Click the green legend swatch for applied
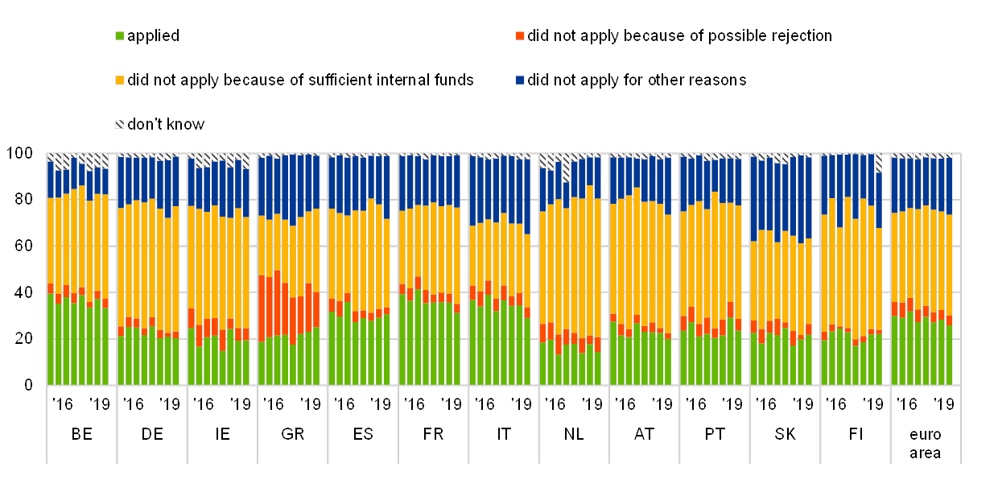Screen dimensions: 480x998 click(119, 36)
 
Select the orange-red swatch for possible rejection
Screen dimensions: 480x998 click(520, 36)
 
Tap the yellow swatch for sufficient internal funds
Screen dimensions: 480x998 click(119, 81)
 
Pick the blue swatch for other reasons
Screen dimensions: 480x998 click(520, 81)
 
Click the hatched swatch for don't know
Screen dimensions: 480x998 click(119, 124)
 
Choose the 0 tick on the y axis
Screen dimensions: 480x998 click(27, 385)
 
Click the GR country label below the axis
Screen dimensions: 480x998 click(292, 434)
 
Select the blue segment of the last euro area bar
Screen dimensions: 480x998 click(949, 186)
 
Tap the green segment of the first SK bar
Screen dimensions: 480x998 click(754, 359)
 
